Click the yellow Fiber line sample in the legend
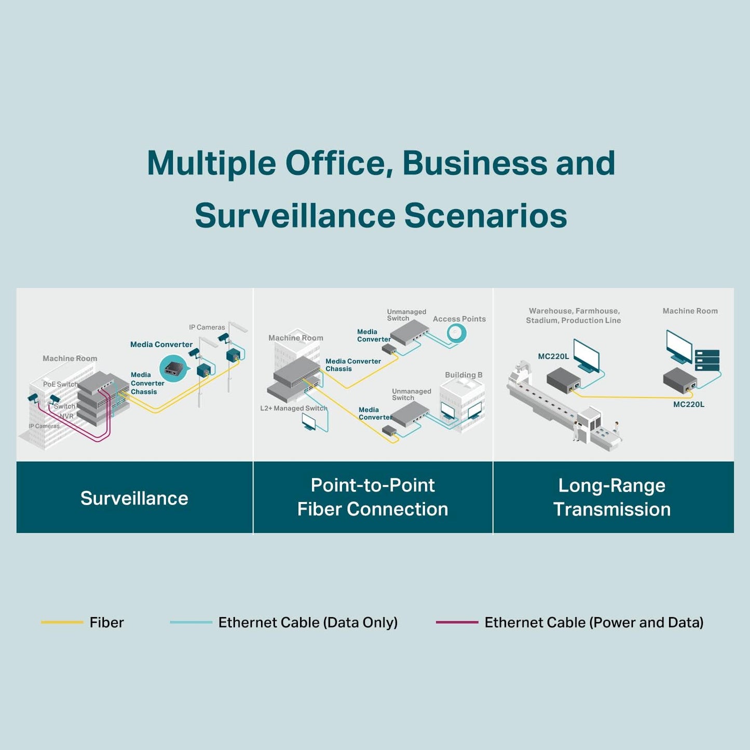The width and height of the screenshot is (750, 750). coord(62,622)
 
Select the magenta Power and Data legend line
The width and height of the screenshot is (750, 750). coord(457,622)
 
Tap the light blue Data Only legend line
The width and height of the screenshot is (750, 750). coord(191,622)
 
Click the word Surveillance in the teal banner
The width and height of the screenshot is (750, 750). coord(134,498)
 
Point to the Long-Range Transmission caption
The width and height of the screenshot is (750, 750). coord(612,497)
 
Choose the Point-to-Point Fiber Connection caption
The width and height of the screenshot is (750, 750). coord(373,497)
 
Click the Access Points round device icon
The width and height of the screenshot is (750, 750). coord(457,334)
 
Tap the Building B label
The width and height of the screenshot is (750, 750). coord(463,375)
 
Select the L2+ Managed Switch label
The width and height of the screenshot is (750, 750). coord(293,408)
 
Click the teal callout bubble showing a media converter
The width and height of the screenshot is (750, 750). coord(173,368)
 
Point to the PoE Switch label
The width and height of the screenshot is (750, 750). coord(60,384)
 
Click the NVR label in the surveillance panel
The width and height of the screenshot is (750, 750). coord(66,416)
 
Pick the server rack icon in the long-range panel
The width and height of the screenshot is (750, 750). coord(707,360)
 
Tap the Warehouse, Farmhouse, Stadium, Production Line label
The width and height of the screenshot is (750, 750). coord(574,316)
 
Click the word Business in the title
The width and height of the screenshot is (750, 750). coord(474,163)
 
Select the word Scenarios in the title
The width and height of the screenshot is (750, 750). coord(486,215)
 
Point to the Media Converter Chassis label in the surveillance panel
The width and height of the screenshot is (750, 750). coord(147,384)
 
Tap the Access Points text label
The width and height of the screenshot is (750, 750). coord(459,319)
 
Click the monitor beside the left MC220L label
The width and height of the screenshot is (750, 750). coord(586,356)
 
